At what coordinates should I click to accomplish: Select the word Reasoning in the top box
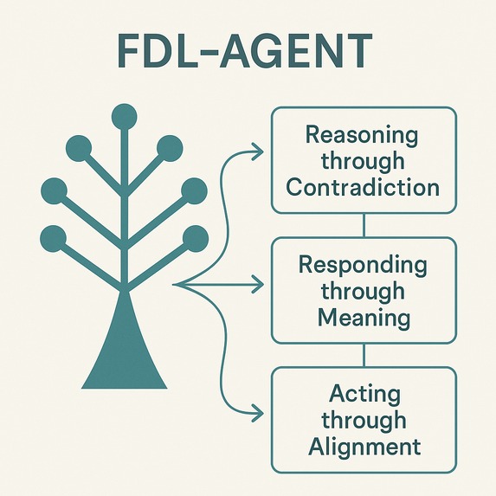tap(362, 136)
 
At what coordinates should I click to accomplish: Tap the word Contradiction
tap(363, 187)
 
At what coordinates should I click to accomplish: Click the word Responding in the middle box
tap(364, 265)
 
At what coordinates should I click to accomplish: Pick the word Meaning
tap(364, 317)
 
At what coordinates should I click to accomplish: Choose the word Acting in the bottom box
tap(365, 395)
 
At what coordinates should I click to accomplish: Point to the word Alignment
tap(364, 446)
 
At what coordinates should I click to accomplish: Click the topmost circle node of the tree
tap(125, 114)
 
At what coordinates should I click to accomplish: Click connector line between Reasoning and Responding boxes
tap(364, 225)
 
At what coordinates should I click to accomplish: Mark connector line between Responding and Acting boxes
tap(364, 355)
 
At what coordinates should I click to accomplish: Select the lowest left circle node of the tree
tap(53, 236)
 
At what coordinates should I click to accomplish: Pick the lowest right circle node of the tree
tap(196, 236)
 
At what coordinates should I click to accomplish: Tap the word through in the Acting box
tap(364, 421)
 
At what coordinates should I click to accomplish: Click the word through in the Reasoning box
tap(363, 161)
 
